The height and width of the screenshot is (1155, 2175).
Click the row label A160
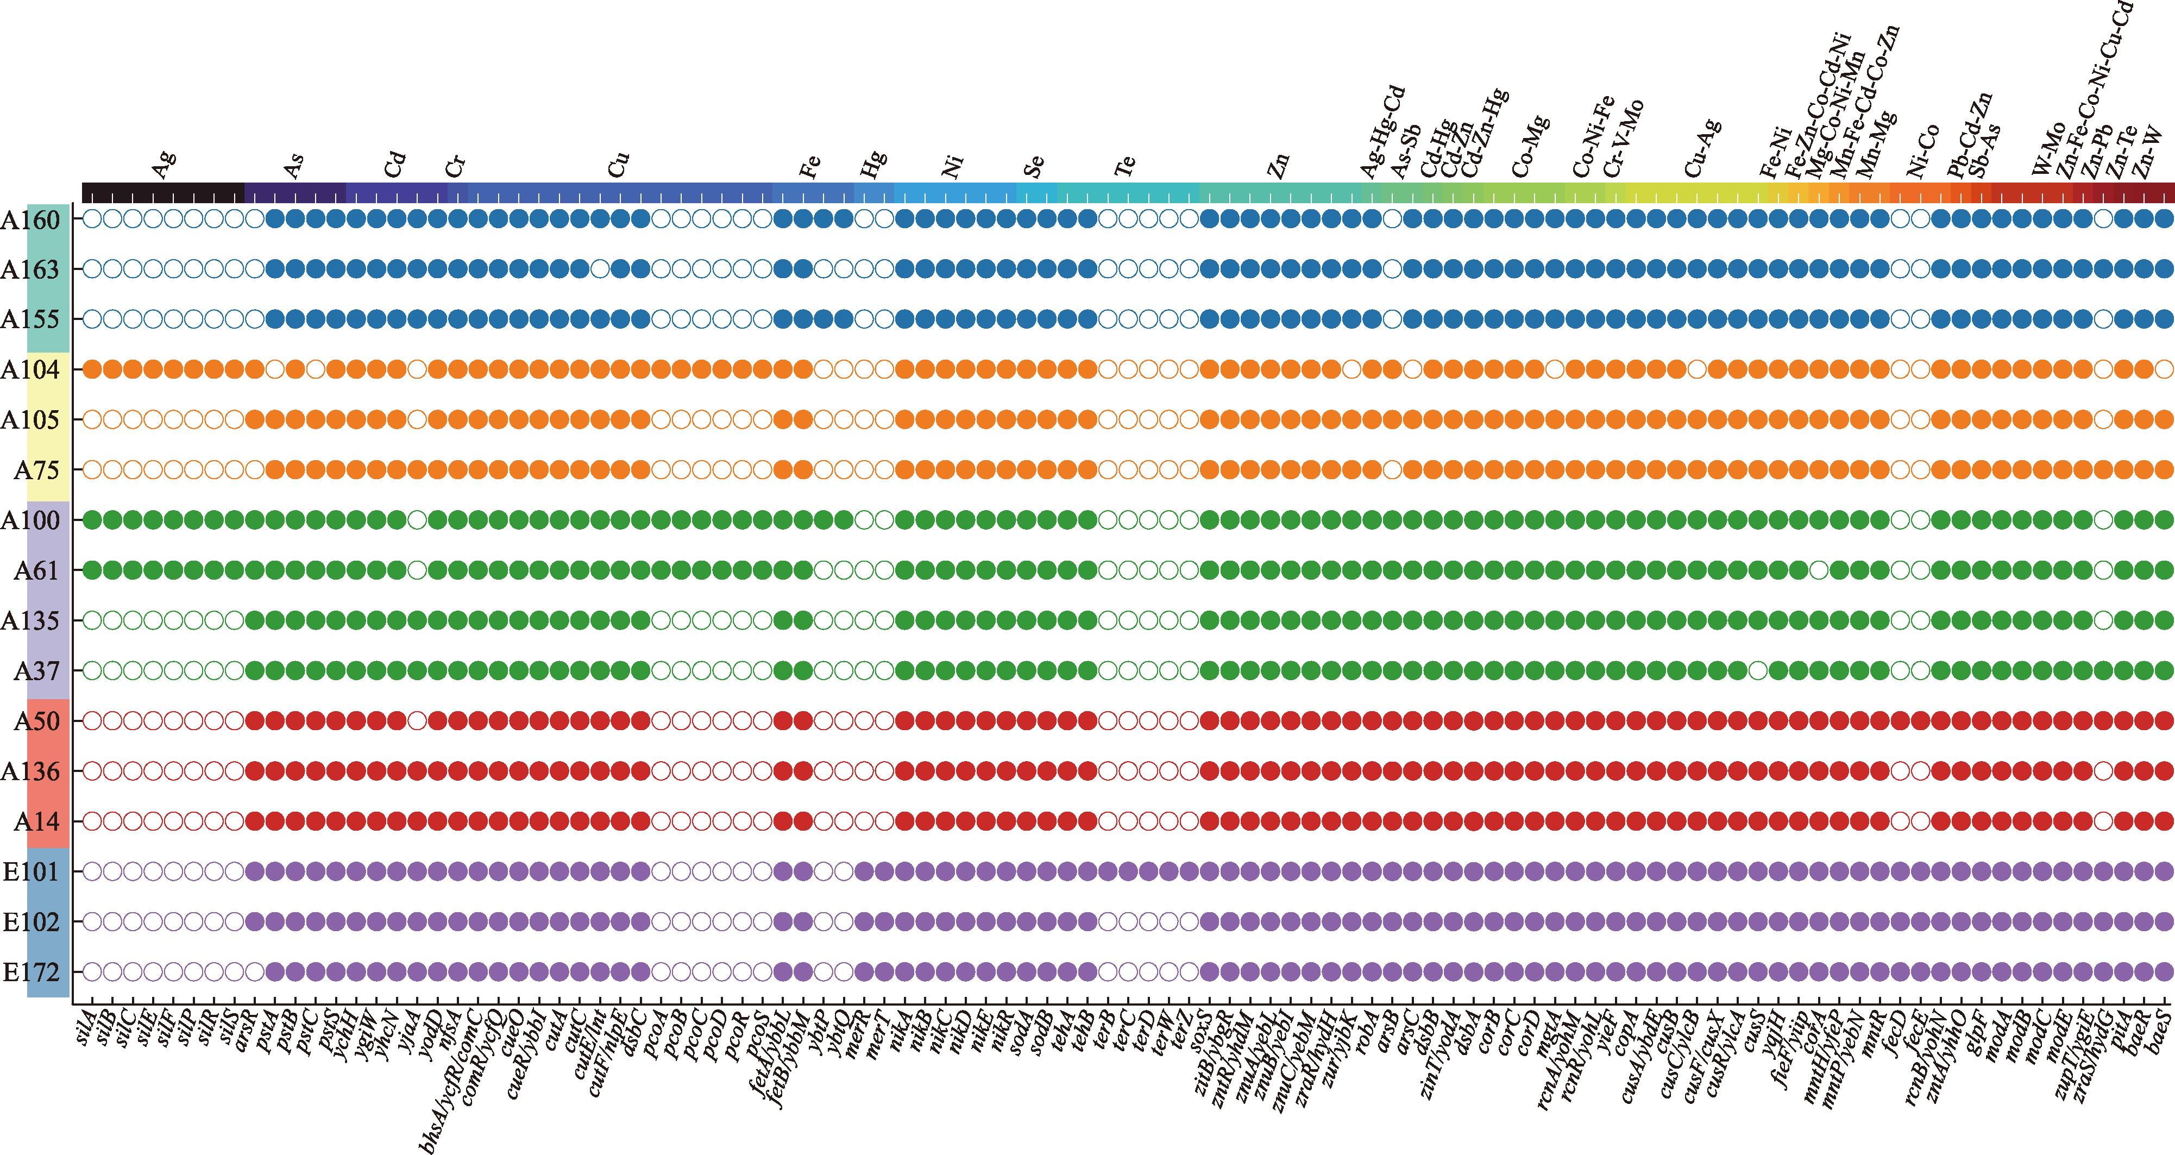click(30, 221)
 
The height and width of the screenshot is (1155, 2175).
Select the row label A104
click(30, 370)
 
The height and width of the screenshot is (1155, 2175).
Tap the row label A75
click(36, 470)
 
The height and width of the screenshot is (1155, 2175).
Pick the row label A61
click(36, 572)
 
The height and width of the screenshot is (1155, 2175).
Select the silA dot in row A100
click(92, 520)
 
